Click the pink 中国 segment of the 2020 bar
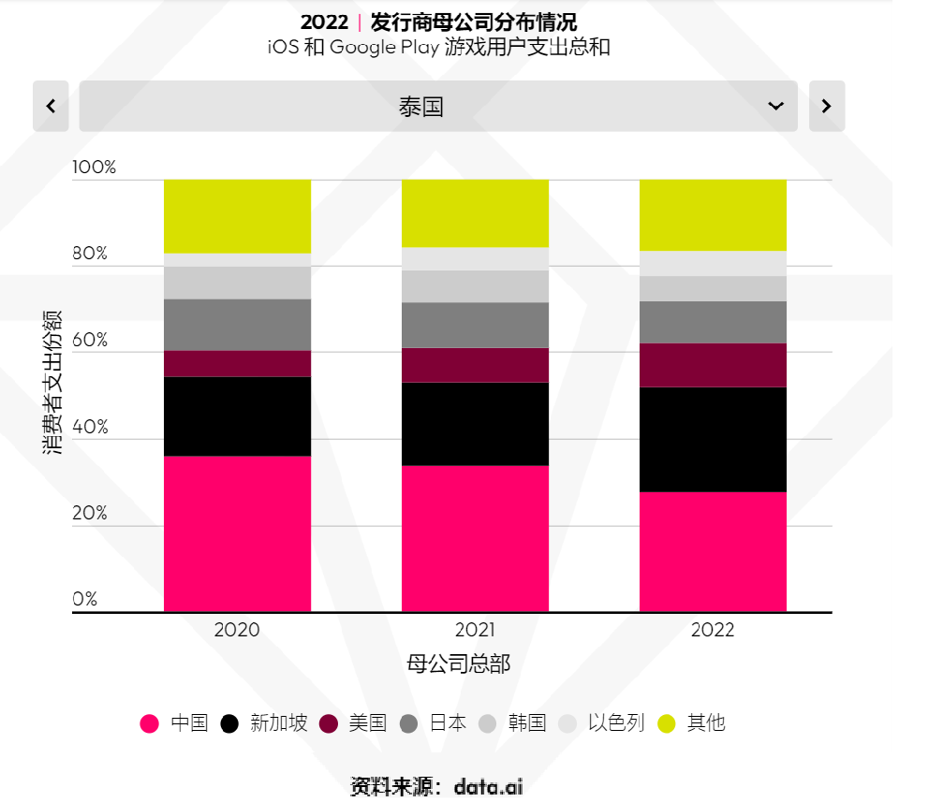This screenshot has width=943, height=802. tap(237, 533)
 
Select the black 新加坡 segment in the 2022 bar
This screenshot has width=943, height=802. tap(713, 439)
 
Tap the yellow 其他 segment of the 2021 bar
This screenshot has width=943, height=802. tap(475, 213)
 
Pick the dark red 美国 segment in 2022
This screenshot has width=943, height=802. tap(713, 365)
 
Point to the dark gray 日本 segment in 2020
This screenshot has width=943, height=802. tap(237, 325)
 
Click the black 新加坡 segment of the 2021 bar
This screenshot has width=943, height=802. tap(475, 423)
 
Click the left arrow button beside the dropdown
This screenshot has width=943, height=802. tap(51, 106)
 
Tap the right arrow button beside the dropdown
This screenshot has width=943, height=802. tap(826, 106)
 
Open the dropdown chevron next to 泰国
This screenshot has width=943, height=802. tap(775, 106)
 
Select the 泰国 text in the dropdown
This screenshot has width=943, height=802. tap(420, 107)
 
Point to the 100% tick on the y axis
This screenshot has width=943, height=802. tap(95, 168)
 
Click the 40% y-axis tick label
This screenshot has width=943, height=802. tap(90, 427)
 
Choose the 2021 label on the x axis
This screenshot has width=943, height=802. tap(475, 630)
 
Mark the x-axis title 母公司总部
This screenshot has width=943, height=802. tap(459, 663)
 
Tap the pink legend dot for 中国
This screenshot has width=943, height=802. tap(150, 723)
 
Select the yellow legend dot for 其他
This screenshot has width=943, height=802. tap(666, 723)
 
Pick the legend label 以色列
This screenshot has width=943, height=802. tap(616, 723)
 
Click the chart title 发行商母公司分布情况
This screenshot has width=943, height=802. tap(474, 22)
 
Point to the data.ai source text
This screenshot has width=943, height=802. tap(488, 787)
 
